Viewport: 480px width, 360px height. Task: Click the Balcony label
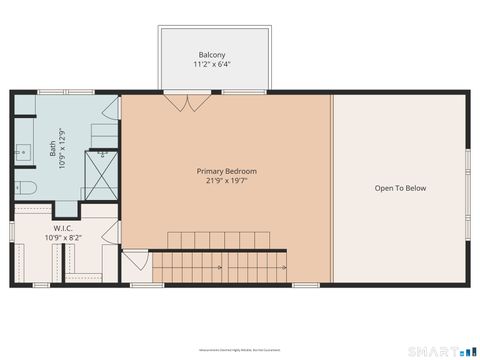pyautogui.click(x=212, y=54)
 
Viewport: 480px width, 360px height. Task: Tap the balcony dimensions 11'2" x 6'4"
pyautogui.click(x=212, y=64)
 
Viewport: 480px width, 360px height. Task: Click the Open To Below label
pyautogui.click(x=400, y=188)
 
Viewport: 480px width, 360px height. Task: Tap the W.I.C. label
pyautogui.click(x=55, y=229)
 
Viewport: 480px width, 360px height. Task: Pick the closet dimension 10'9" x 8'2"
pyautogui.click(x=55, y=239)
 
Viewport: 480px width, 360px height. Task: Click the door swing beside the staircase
pyautogui.click(x=133, y=261)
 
